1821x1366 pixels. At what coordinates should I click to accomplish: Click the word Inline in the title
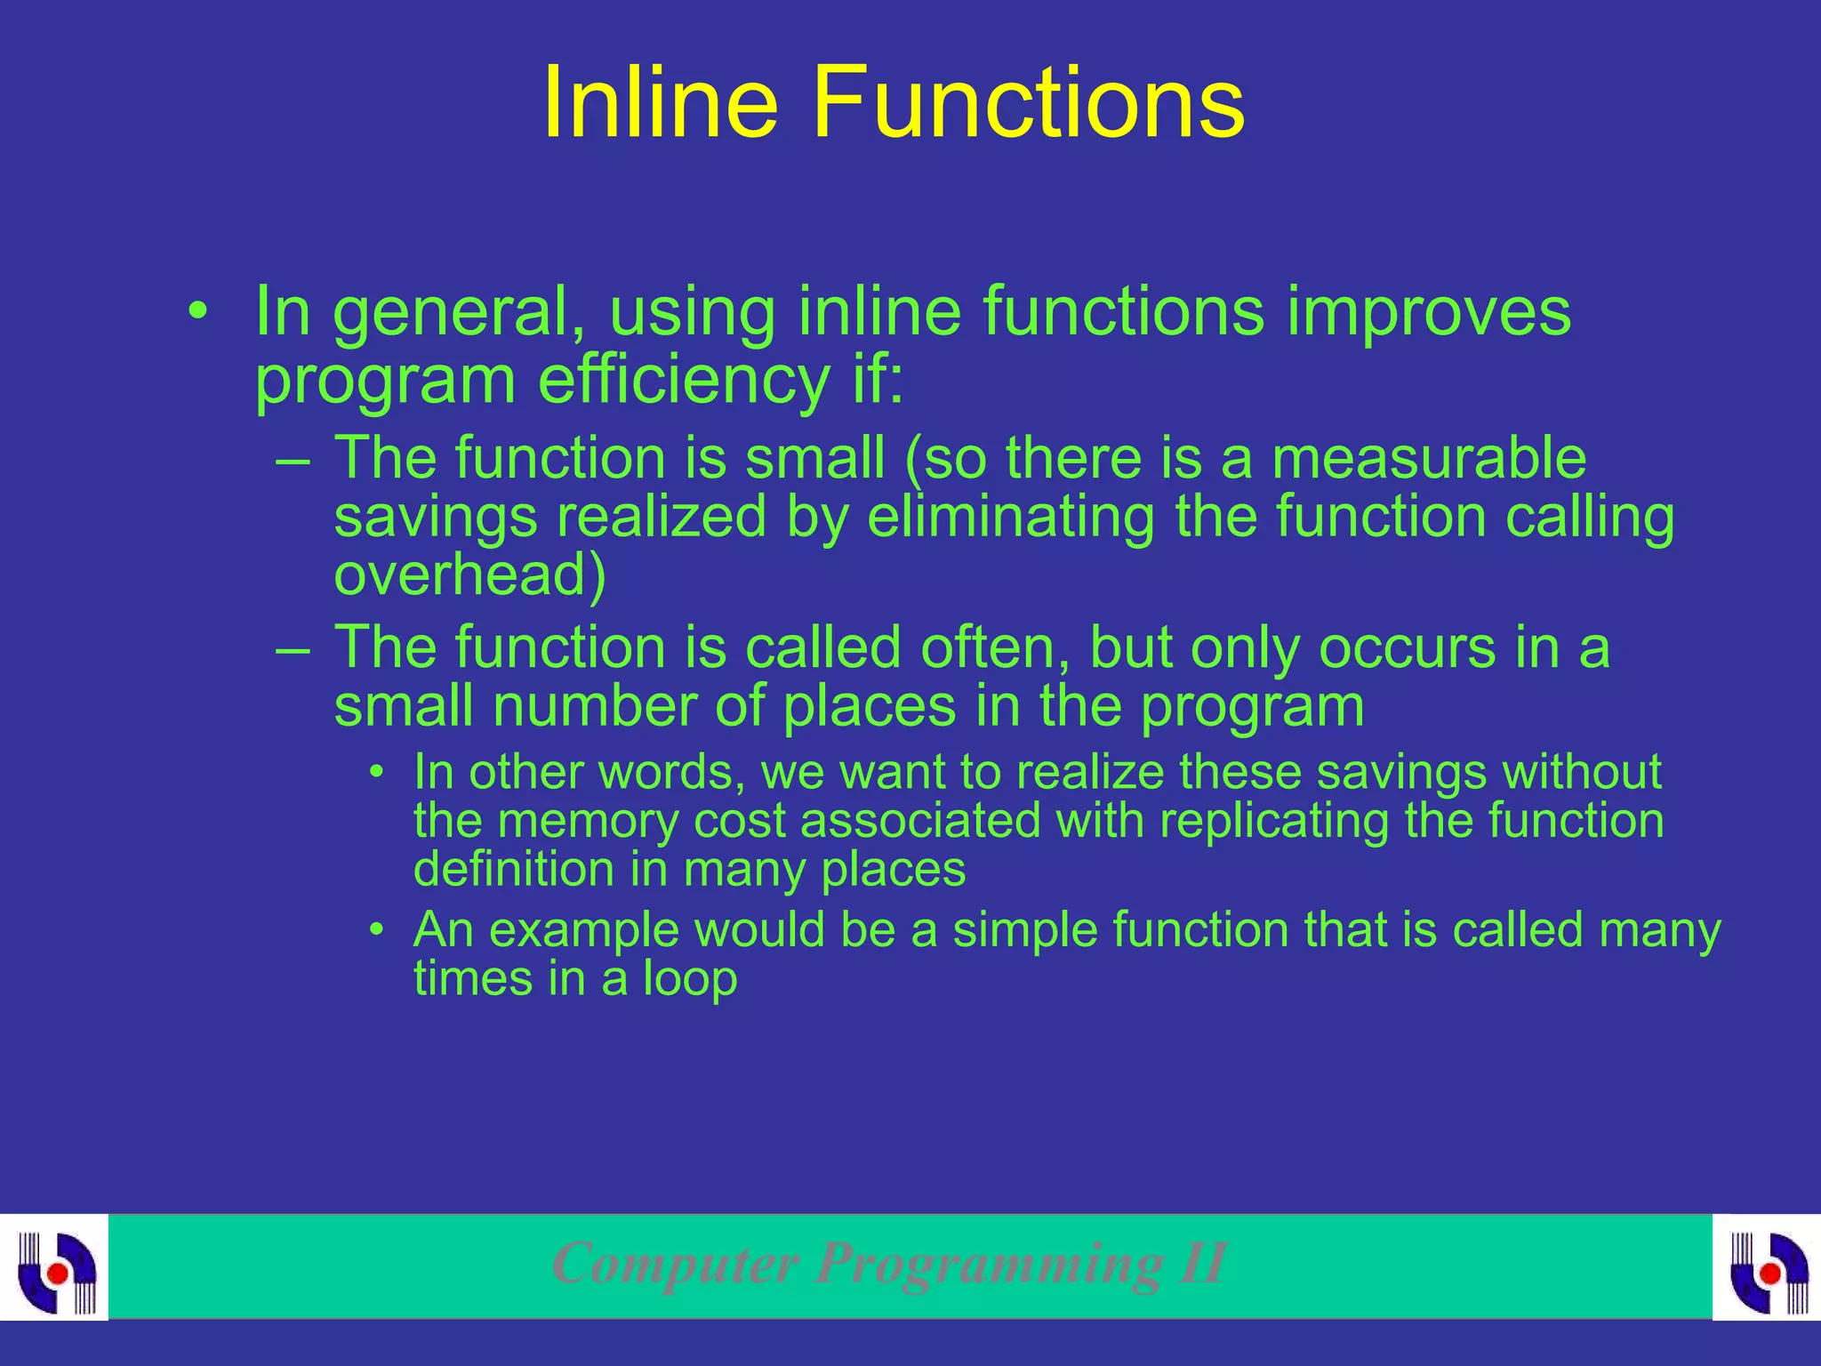coord(660,103)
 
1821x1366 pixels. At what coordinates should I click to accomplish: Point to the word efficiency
coord(683,381)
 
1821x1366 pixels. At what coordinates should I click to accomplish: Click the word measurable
coord(1428,459)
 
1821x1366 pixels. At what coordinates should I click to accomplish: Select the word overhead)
coord(469,575)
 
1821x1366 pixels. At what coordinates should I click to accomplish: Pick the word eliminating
coord(1010,517)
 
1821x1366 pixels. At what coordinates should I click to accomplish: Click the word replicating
coord(1273,820)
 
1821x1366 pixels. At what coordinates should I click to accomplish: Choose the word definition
coord(513,869)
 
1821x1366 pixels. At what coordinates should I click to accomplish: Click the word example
coord(583,930)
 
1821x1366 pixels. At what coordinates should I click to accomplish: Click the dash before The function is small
coord(293,462)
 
